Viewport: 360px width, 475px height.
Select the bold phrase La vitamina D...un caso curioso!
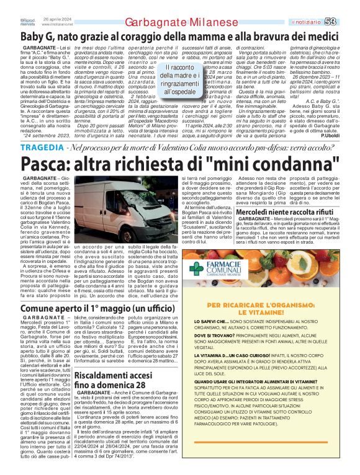[231, 355]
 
